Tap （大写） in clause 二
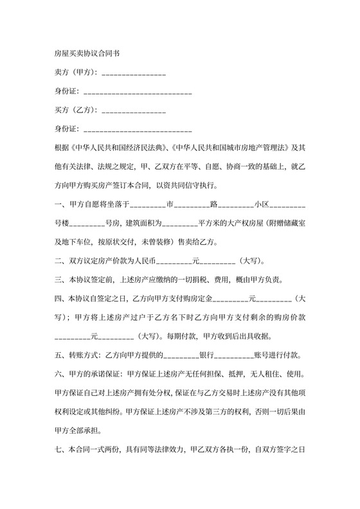point(251,262)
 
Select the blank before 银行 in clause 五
point(181,355)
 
